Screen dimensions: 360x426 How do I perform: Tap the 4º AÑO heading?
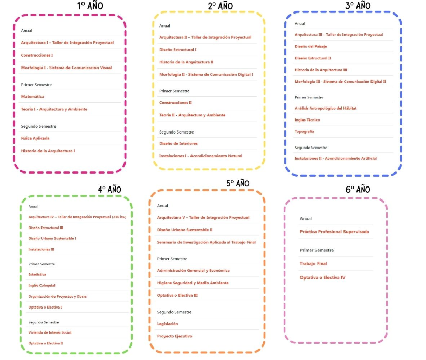pyautogui.click(x=109, y=189)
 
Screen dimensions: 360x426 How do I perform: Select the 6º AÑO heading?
pyautogui.click(x=358, y=189)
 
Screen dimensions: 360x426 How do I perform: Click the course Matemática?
pyautogui.click(x=32, y=97)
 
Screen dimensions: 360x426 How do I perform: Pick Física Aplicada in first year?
pyautogui.click(x=35, y=138)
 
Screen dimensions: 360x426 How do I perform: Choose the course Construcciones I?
pyautogui.click(x=37, y=55)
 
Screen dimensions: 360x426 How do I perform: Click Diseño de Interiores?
pyautogui.click(x=178, y=143)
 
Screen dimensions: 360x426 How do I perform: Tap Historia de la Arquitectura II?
pyautogui.click(x=186, y=62)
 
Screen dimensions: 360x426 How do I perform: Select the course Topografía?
pyautogui.click(x=304, y=131)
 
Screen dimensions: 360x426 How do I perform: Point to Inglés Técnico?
pyautogui.click(x=307, y=120)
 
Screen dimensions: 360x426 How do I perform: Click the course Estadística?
pyautogui.click(x=37, y=274)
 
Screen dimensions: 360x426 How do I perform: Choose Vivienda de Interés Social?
pyautogui.click(x=49, y=332)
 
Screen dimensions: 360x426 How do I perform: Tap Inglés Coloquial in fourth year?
pyautogui.click(x=42, y=285)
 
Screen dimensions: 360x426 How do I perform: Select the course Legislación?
pyautogui.click(x=168, y=324)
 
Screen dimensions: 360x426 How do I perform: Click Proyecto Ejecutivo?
pyautogui.click(x=174, y=336)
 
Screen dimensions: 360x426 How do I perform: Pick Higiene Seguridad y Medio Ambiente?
pyautogui.click(x=193, y=283)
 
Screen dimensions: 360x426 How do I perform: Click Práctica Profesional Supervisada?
pyautogui.click(x=334, y=232)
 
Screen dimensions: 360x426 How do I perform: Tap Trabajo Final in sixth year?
pyautogui.click(x=313, y=264)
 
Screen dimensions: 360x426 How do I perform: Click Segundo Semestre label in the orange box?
pyautogui.click(x=174, y=312)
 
